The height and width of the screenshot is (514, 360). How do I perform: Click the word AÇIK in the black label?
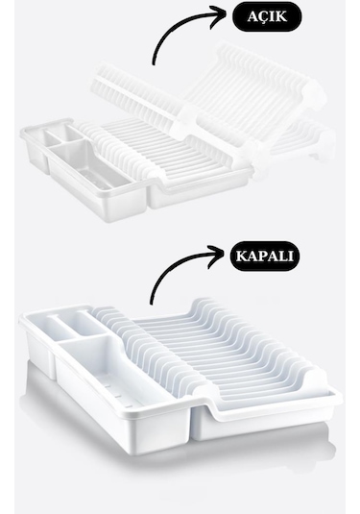pyautogui.click(x=267, y=16)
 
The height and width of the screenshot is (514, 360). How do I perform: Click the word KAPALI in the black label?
pyautogui.click(x=264, y=256)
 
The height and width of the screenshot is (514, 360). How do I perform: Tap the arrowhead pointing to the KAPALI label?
pyautogui.click(x=218, y=253)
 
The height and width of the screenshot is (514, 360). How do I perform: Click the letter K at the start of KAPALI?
pyautogui.click(x=241, y=256)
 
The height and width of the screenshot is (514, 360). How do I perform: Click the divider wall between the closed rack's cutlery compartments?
pyautogui.click(x=86, y=337)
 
